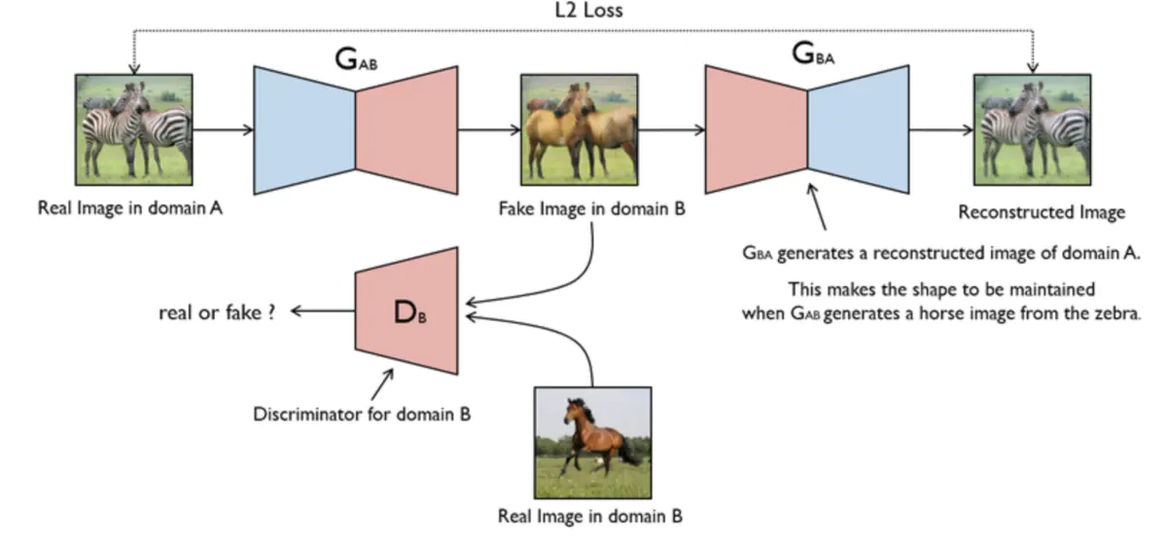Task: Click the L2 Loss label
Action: pyautogui.click(x=588, y=11)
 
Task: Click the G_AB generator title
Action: pyautogui.click(x=356, y=59)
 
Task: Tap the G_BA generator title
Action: pyautogui.click(x=813, y=54)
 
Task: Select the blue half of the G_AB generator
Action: pyautogui.click(x=304, y=130)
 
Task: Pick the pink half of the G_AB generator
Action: pyautogui.click(x=407, y=130)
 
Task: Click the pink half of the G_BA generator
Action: pyautogui.click(x=757, y=129)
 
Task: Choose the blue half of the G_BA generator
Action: pyautogui.click(x=859, y=129)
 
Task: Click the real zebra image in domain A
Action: pyautogui.click(x=134, y=129)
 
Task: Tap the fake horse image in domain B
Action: pyautogui.click(x=580, y=129)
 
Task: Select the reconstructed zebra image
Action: pyautogui.click(x=1033, y=129)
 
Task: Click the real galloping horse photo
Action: pyautogui.click(x=593, y=443)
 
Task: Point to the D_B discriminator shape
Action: pyautogui.click(x=407, y=312)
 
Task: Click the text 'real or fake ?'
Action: pyautogui.click(x=217, y=312)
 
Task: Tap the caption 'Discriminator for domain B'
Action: pyautogui.click(x=362, y=415)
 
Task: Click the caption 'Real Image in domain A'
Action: pyautogui.click(x=130, y=208)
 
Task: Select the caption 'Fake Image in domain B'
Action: pyautogui.click(x=592, y=208)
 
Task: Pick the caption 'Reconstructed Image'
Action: pyautogui.click(x=1042, y=211)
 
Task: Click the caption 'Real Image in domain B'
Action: pyautogui.click(x=590, y=516)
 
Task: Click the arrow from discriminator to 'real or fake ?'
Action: pyautogui.click(x=323, y=312)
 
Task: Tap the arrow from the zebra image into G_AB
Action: pyautogui.click(x=223, y=129)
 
